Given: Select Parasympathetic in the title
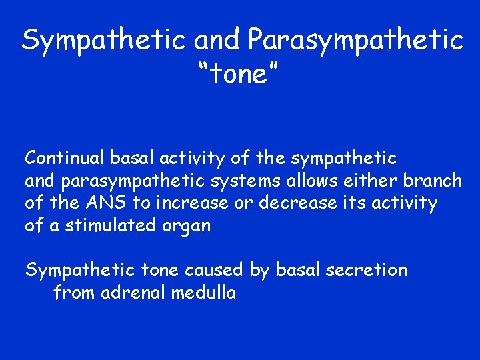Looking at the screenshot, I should (x=355, y=41).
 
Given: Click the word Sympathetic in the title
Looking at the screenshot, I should (x=104, y=41).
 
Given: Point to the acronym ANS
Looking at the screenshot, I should (x=99, y=203).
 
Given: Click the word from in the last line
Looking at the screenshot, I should (x=74, y=292).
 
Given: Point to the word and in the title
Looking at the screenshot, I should (x=219, y=41).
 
